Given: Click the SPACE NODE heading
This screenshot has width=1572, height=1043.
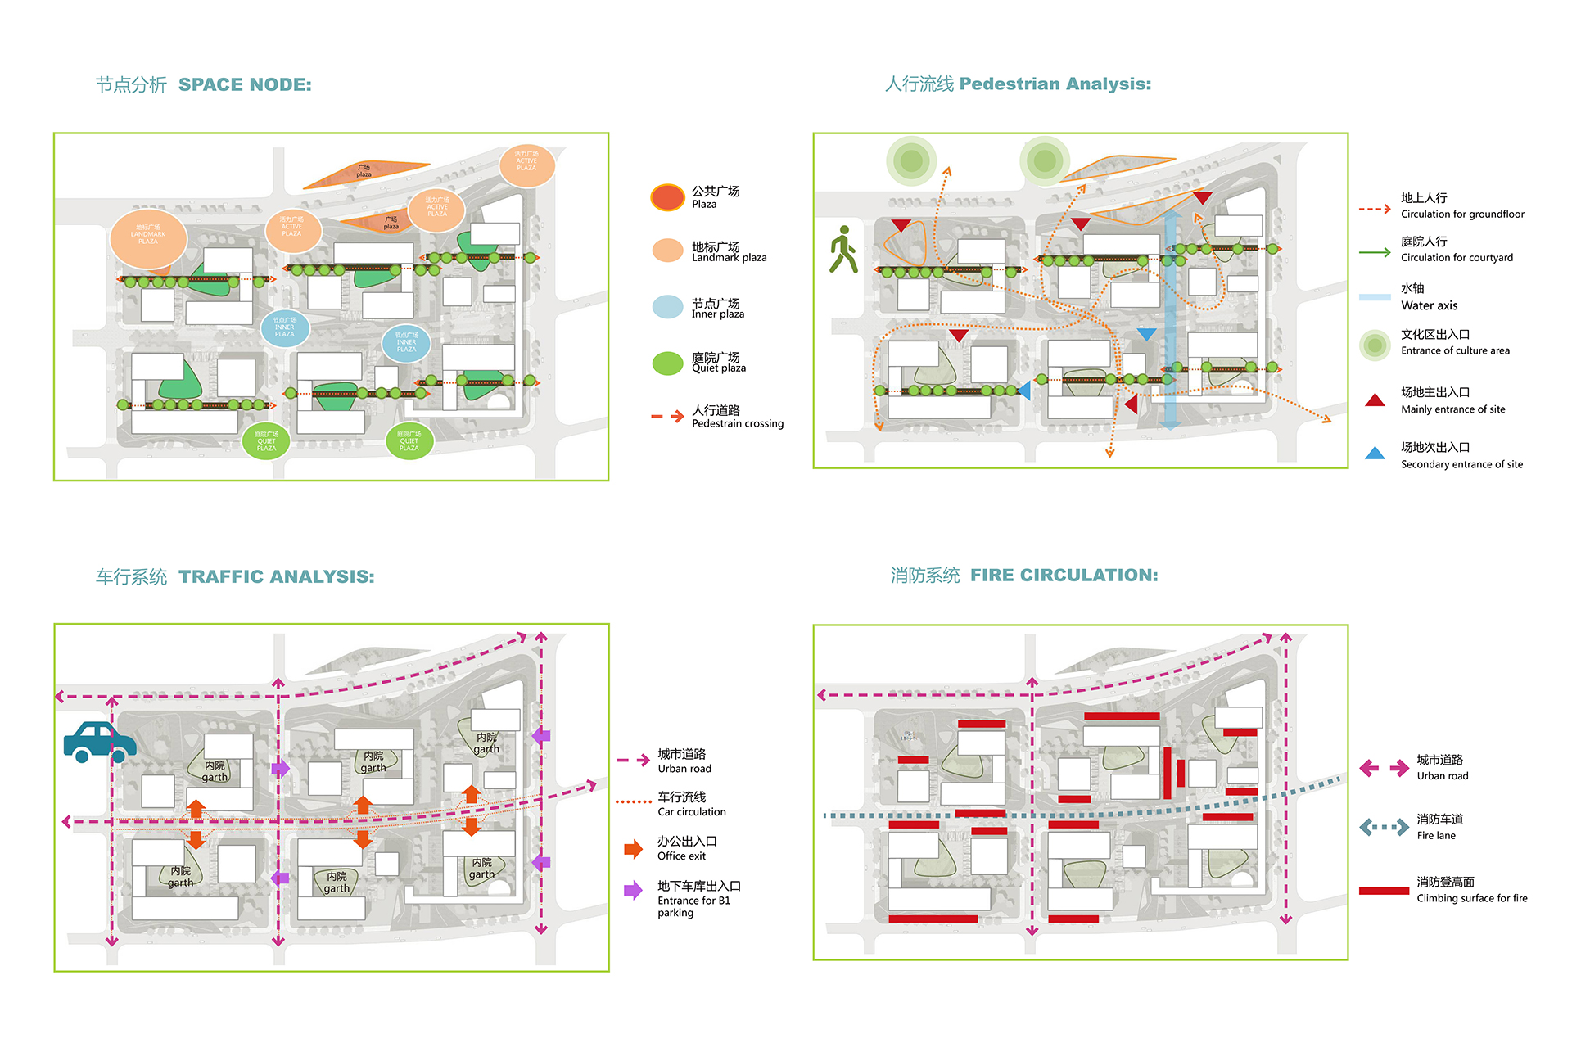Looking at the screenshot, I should point(245,85).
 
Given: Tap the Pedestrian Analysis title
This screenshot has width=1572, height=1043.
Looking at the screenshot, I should point(1055,84).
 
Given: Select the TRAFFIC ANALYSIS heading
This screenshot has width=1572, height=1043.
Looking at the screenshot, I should point(276,577).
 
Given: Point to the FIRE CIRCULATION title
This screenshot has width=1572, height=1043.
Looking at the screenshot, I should point(1064,576).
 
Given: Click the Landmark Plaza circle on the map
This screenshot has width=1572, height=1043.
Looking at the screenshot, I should point(148,238).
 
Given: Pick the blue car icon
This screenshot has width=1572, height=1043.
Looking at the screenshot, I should point(99,742).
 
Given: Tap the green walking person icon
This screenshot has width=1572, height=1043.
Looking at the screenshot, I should point(842,250).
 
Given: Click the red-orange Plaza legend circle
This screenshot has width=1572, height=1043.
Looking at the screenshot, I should point(667,197).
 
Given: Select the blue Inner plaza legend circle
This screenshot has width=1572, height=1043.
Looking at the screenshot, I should point(667,307).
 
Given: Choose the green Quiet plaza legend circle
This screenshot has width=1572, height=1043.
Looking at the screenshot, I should point(667,363).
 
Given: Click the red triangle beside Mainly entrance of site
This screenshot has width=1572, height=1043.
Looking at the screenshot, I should point(1375,400).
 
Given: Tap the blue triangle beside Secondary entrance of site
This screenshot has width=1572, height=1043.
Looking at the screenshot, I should point(1375,454).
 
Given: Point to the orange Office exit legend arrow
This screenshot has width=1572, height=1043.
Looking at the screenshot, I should point(633,849).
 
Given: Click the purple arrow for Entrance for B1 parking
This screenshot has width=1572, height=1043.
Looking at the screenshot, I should point(633,891).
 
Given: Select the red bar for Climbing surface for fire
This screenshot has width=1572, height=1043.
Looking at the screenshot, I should point(1384,891).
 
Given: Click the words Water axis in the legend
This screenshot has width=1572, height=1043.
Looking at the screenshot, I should point(1429,306).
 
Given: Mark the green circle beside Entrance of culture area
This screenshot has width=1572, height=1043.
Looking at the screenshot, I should point(1375,345).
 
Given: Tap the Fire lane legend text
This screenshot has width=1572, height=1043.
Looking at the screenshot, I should point(1436,836).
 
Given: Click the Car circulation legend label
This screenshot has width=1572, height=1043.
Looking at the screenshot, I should point(691,812).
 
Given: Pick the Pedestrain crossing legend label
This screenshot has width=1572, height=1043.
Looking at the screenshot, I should point(737,424).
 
